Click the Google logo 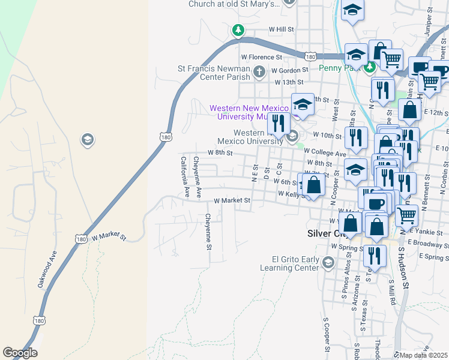20,353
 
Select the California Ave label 185,177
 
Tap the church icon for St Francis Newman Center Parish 259,73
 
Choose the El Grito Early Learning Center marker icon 328,262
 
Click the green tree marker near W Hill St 238,29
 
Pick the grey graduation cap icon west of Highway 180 87,140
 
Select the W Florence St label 261,57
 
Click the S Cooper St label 327,334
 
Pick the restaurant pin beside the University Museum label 277,123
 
